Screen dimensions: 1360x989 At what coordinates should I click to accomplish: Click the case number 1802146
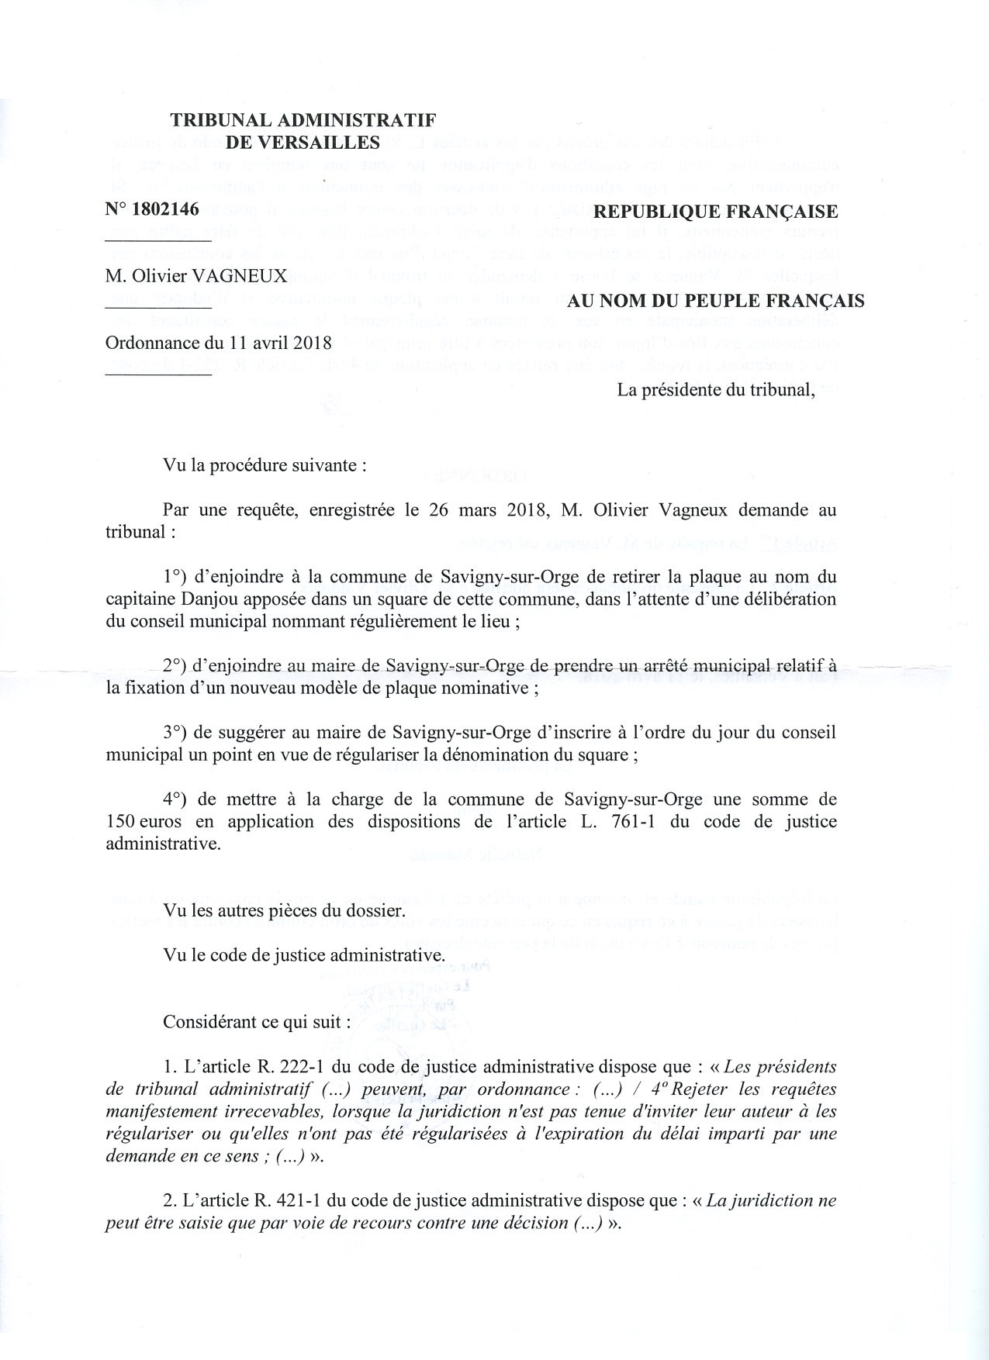coord(166,209)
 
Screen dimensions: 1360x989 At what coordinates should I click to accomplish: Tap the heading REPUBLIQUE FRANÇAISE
coord(714,212)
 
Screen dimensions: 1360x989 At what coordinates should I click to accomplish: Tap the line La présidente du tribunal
coord(715,389)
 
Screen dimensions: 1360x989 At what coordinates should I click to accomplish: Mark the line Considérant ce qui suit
coord(256,1021)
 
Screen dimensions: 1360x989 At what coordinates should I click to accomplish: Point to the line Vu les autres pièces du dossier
coord(284,910)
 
